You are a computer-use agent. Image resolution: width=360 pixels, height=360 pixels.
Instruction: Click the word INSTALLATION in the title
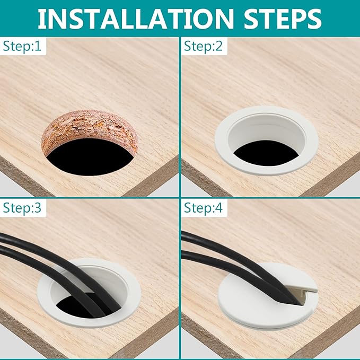(135, 19)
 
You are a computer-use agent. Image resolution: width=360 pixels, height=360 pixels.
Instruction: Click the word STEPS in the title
(283, 19)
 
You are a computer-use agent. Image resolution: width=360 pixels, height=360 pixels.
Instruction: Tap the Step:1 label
(22, 46)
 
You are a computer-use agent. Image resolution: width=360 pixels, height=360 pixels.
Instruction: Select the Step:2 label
(203, 46)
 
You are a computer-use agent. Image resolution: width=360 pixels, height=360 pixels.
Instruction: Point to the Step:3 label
(22, 208)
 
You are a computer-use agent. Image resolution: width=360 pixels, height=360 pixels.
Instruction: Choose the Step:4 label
(203, 208)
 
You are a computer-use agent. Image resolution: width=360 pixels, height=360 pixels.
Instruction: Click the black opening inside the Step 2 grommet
(266, 153)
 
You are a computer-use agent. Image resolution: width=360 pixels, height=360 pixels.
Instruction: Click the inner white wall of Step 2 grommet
(266, 131)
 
